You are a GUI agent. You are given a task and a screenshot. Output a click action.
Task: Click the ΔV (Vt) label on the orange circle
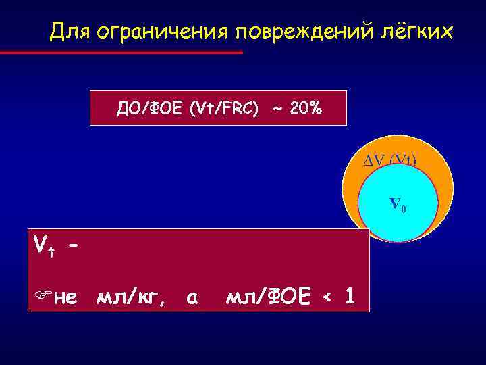(386, 160)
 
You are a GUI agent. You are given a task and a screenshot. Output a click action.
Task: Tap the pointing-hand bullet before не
(40, 295)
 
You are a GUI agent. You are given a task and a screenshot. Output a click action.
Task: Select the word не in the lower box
(65, 295)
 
